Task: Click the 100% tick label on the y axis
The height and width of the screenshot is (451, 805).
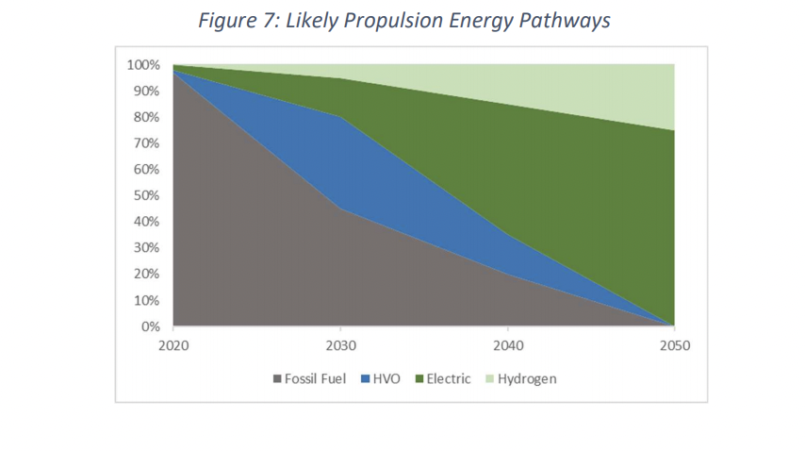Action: point(142,65)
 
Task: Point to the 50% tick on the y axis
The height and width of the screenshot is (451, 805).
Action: point(146,196)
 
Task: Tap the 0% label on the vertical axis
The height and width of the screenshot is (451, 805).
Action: point(150,327)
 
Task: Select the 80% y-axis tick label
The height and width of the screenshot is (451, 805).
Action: point(146,118)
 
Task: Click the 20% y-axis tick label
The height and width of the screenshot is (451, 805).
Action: point(146,275)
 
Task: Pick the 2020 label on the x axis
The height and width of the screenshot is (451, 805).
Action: point(173,345)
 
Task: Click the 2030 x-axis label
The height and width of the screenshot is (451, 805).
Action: point(340,345)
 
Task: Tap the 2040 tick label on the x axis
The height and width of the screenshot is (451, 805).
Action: point(508,345)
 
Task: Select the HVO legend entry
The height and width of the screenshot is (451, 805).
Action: point(380,379)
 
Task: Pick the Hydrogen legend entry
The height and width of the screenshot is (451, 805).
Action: point(520,379)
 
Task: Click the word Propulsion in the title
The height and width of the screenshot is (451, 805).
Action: point(347,21)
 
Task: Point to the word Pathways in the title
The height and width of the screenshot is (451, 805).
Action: point(566,21)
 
